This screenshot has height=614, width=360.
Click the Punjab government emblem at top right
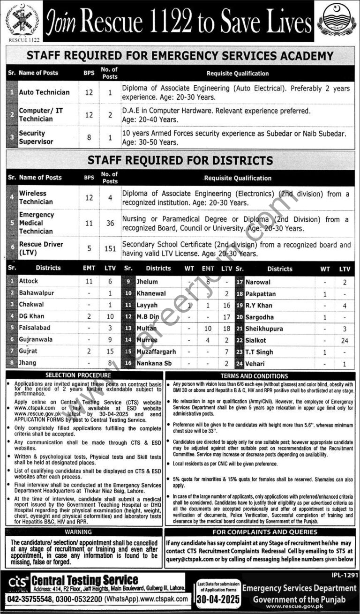[x=337, y=20]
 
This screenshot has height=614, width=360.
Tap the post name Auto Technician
[x=44, y=92]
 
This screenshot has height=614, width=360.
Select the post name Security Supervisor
[x=37, y=137]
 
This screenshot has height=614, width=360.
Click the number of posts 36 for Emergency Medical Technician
[x=110, y=223]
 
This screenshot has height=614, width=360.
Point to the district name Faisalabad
[x=35, y=328]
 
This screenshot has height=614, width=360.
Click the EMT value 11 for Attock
[x=89, y=281]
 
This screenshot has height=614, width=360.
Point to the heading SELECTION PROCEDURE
[x=84, y=375]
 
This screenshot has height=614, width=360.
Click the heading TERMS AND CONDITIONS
[x=261, y=376]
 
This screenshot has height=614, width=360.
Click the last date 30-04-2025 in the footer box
[x=218, y=599]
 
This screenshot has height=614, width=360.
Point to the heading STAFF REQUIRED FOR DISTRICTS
[x=180, y=160]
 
